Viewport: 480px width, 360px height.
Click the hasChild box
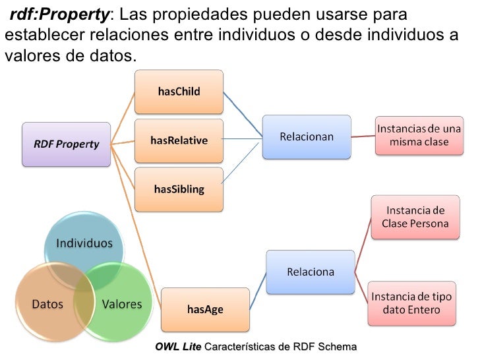coord(179,92)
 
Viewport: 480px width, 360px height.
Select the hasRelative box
coord(179,140)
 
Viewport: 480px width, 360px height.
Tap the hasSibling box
coord(179,189)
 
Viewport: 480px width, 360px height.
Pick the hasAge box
coord(205,309)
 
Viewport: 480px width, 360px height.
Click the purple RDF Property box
coord(66,144)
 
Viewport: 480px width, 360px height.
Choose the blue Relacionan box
coord(307,137)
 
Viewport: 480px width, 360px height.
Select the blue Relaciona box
coord(310,272)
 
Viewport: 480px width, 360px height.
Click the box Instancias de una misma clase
coord(419,136)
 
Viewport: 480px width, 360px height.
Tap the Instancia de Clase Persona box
coord(415,217)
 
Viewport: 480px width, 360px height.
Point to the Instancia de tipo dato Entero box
coord(411,303)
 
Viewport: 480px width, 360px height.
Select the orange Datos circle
coord(47,303)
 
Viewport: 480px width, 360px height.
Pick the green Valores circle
coord(122,303)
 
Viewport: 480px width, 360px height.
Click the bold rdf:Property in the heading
coord(59,14)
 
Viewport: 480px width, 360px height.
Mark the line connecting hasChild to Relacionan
coord(242,115)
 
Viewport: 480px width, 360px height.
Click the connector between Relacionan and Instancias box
coord(363,136)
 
